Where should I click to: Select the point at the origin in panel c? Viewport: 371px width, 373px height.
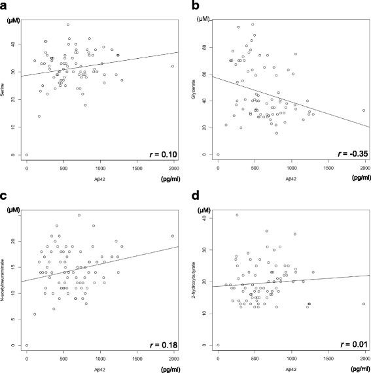(27, 345)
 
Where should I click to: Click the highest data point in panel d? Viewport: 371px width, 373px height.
(237, 215)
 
